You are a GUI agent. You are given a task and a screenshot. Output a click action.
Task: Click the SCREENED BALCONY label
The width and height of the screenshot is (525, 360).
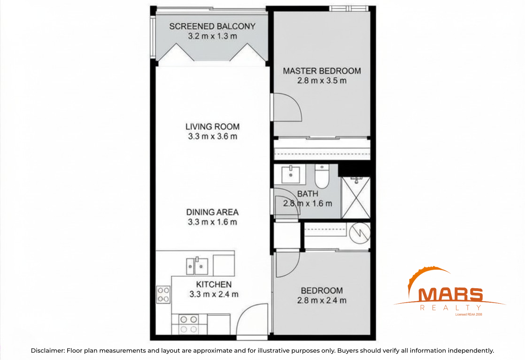(212, 26)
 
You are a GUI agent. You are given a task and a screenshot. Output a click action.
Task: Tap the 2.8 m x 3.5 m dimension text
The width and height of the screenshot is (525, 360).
(322, 81)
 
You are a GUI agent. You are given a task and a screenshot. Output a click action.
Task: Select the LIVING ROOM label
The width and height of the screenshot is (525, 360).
(212, 127)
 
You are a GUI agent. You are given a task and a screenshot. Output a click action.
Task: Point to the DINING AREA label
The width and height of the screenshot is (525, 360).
(212, 212)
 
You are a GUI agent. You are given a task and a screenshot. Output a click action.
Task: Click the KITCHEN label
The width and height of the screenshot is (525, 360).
(214, 284)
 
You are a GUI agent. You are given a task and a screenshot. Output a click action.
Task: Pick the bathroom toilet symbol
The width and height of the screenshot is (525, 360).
(322, 176)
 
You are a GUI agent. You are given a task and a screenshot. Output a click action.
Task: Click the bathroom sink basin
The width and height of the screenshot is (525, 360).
(290, 174)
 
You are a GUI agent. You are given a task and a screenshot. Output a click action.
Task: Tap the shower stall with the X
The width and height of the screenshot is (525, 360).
(356, 198)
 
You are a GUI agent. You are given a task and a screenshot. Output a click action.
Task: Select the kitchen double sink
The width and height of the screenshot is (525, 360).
(197, 266)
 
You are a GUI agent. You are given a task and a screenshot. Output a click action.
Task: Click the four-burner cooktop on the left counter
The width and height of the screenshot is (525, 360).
(163, 295)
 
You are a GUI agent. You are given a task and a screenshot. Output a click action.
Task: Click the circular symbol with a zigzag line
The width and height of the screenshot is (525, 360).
(360, 233)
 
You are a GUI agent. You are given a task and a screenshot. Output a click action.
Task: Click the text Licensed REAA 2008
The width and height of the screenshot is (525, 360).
(469, 314)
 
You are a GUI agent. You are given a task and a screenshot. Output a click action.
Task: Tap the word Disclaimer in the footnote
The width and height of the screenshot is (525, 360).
(48, 351)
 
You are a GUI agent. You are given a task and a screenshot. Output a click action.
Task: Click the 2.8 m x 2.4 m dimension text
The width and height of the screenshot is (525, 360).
(322, 300)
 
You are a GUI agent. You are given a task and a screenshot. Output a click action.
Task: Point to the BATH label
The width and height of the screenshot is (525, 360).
(308, 194)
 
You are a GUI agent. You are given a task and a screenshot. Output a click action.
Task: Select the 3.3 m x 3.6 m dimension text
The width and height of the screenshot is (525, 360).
(212, 136)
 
